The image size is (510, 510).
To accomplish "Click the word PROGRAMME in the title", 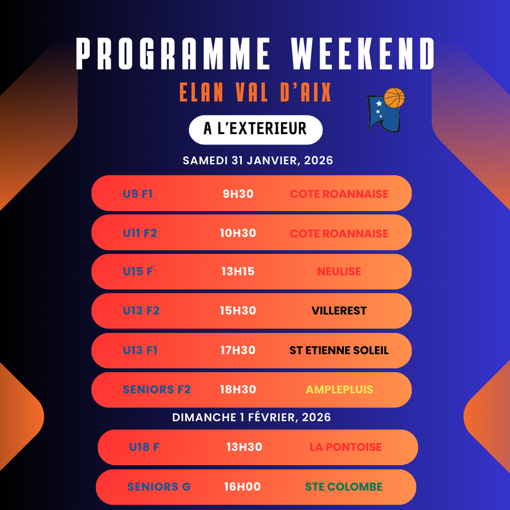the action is click(173, 54).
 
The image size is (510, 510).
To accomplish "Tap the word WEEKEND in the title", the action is click(363, 54).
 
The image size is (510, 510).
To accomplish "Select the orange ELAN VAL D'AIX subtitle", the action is click(255, 92).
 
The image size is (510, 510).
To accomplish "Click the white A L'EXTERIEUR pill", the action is click(256, 130).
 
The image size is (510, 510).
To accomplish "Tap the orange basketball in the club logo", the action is click(394, 97).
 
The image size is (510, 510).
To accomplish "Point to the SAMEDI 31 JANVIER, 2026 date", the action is click(258, 160).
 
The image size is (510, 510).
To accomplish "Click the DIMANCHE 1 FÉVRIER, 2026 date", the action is click(251, 417).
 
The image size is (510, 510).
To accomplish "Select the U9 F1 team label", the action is click(138, 194).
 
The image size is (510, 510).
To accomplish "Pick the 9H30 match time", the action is click(238, 194).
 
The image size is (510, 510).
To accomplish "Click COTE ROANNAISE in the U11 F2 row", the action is click(339, 234).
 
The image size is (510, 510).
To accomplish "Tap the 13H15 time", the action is click(238, 272).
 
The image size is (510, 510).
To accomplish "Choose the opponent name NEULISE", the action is click(339, 272).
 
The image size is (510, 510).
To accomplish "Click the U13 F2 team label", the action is click(141, 311).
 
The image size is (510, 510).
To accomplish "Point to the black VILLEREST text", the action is click(339, 311).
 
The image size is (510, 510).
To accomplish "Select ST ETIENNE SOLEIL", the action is click(339, 350).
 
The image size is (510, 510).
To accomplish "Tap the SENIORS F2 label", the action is click(157, 389).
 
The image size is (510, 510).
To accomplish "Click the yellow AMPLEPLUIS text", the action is click(339, 389).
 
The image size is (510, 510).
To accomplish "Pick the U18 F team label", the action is click(144, 447).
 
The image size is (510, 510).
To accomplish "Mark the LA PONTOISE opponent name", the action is click(345, 447).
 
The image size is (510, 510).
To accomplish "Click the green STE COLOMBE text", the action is click(344, 487).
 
